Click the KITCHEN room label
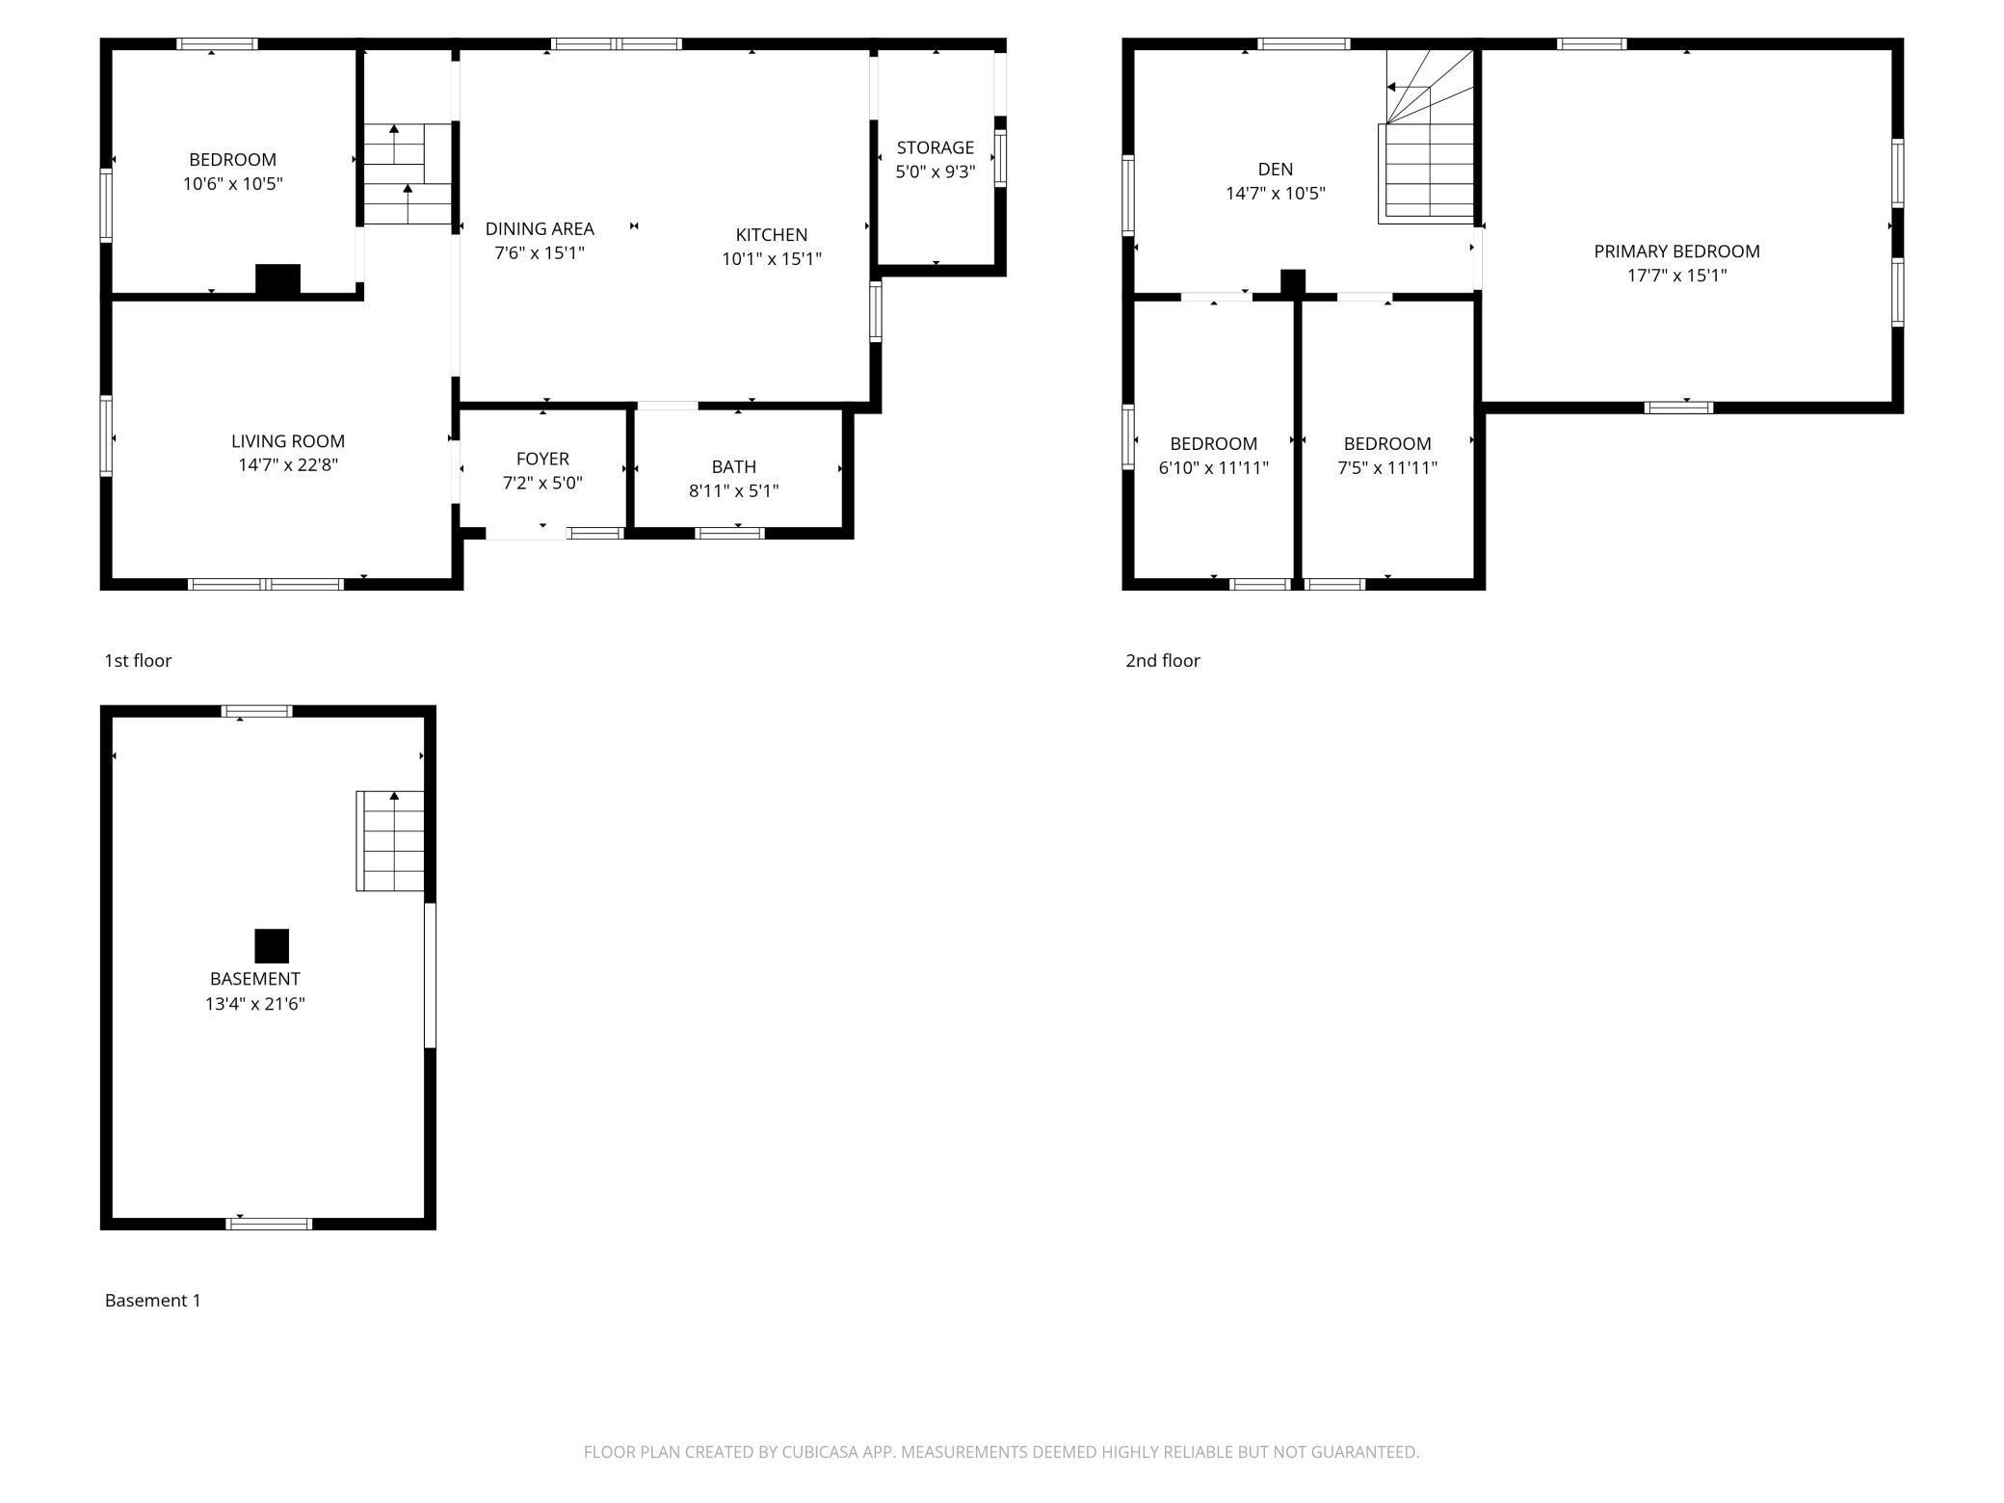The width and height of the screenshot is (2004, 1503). [x=771, y=234]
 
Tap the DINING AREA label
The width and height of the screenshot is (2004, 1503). [x=540, y=228]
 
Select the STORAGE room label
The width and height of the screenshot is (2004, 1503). [x=935, y=147]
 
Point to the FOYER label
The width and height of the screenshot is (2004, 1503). [x=542, y=459]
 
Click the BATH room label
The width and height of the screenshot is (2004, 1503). [x=733, y=466]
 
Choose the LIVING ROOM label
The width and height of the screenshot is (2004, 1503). [x=287, y=440]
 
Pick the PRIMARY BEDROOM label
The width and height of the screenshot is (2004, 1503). [x=1676, y=250]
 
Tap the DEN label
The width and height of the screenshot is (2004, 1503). [x=1275, y=169]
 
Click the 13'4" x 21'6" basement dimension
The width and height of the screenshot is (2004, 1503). [x=254, y=1003]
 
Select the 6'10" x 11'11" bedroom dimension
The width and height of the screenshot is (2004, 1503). [x=1213, y=467]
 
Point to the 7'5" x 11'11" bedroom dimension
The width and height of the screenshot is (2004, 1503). [x=1386, y=467]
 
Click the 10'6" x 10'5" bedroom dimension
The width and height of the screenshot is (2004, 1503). [x=232, y=183]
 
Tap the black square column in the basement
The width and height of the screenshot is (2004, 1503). [x=272, y=946]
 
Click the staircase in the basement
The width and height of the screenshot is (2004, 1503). [x=390, y=841]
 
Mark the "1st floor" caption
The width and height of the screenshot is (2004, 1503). [x=138, y=660]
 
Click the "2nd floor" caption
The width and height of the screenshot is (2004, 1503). [x=1163, y=660]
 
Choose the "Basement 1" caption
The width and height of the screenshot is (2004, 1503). [x=152, y=1300]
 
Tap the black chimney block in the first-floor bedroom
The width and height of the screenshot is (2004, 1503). [x=277, y=279]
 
